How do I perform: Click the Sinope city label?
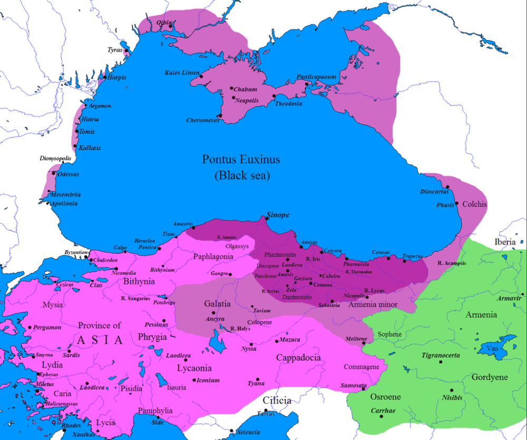278,216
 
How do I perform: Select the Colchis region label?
474,204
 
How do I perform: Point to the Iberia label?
505,242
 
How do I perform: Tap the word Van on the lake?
492,348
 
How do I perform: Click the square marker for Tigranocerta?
440,363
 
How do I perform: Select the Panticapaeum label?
316,77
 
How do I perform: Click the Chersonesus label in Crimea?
202,121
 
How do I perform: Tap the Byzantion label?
75,253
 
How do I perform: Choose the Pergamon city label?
47,327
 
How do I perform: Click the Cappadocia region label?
298,357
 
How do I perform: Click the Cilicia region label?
277,400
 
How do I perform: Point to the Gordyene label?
490,377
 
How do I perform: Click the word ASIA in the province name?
100,340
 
